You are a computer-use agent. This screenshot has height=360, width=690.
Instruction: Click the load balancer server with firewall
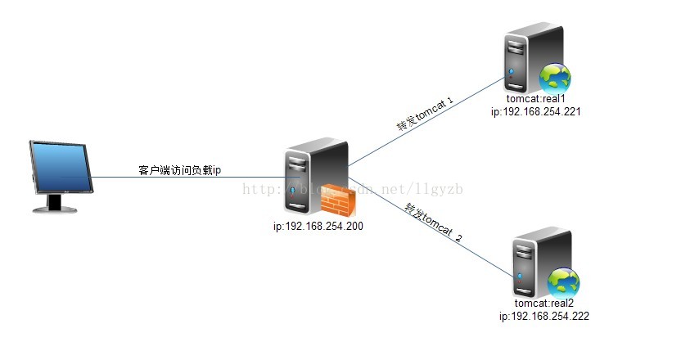tap(313, 176)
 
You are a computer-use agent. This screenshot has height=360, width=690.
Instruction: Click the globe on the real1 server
tap(554, 79)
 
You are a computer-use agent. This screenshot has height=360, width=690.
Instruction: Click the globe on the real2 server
tap(563, 282)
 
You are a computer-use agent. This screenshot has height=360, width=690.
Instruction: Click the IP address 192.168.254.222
tap(543, 316)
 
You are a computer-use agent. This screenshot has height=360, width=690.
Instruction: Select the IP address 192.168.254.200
tap(318, 226)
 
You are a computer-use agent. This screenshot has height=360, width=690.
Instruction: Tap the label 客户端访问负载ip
tap(180, 170)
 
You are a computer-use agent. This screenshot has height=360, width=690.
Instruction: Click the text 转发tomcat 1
tap(425, 114)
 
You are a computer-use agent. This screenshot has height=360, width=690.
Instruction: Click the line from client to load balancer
tap(188, 178)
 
